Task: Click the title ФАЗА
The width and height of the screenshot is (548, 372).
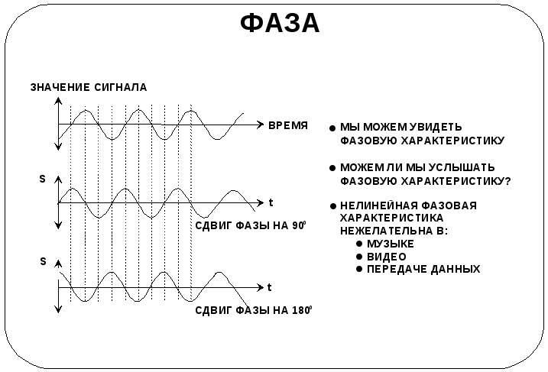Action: pyautogui.click(x=280, y=23)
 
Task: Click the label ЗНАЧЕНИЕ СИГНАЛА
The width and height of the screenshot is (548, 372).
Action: pyautogui.click(x=89, y=88)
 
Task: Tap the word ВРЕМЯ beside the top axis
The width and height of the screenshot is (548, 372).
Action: pyautogui.click(x=288, y=125)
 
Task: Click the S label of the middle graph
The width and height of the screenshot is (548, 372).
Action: pyautogui.click(x=43, y=179)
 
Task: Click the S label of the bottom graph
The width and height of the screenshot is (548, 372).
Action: pyautogui.click(x=43, y=261)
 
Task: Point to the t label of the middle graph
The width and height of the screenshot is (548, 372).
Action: pyautogui.click(x=271, y=202)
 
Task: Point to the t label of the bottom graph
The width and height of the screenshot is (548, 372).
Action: pyautogui.click(x=270, y=287)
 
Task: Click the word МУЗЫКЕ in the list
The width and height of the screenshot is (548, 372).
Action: pyautogui.click(x=390, y=244)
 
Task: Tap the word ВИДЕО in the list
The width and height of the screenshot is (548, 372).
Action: pyautogui.click(x=387, y=257)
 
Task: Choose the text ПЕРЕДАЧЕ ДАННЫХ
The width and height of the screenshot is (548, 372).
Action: pyautogui.click(x=423, y=270)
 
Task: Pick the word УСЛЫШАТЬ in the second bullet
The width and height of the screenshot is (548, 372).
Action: pyautogui.click(x=458, y=167)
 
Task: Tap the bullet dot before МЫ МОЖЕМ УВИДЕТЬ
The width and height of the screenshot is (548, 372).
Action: pyautogui.click(x=332, y=128)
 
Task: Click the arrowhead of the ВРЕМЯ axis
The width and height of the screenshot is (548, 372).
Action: pyautogui.click(x=260, y=124)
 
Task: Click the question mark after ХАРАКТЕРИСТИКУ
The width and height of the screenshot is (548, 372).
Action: pyautogui.click(x=508, y=181)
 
